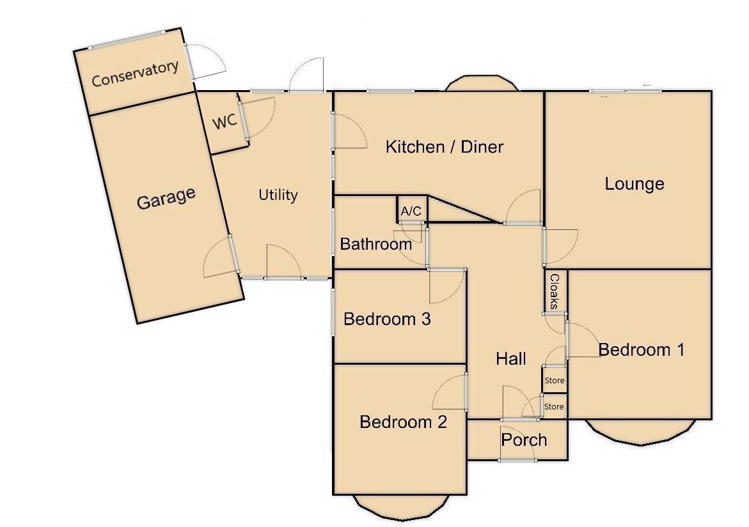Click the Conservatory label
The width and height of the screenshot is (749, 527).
pos(134,74)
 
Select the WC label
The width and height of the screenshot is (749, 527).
pos(225,121)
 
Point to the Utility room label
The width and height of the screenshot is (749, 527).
pos(278,195)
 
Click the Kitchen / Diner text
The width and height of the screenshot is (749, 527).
pos(445,147)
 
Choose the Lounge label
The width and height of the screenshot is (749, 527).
pos(635,184)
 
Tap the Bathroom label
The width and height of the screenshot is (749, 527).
pos(375,243)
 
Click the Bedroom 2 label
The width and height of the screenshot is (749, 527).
pos(403,422)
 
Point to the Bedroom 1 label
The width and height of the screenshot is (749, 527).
pos(642,349)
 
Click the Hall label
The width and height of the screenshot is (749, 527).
pos(511,359)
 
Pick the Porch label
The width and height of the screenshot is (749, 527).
pos(524,439)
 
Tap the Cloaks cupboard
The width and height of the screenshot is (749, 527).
pos(555,291)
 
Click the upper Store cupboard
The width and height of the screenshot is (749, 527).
pos(555,380)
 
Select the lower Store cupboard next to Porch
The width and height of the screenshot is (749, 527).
pos(554,406)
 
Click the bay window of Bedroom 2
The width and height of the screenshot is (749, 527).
pos(400,508)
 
